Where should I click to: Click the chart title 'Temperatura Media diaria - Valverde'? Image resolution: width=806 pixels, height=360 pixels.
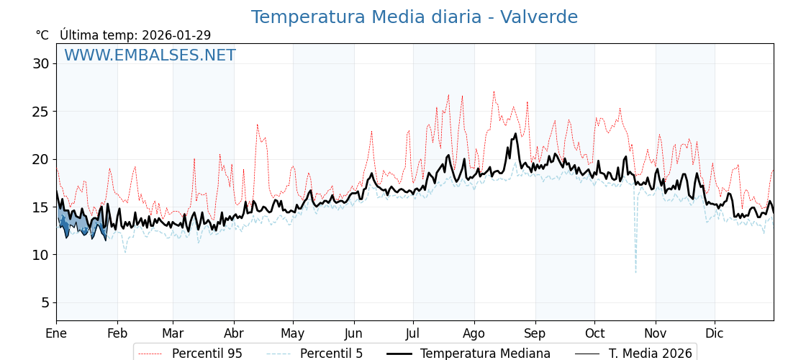click(x=414, y=17)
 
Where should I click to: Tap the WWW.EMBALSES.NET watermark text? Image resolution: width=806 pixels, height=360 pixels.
click(x=150, y=55)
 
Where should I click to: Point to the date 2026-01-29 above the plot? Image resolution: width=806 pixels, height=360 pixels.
click(x=176, y=35)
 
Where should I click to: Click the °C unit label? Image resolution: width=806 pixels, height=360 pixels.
click(x=42, y=35)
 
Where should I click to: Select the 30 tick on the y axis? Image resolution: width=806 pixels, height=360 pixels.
click(x=40, y=63)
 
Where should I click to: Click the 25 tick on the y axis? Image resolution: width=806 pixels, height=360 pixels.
click(x=40, y=112)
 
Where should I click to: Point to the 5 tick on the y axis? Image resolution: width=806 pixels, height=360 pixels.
click(x=45, y=302)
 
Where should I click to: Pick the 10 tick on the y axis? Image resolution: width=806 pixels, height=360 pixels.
click(x=40, y=255)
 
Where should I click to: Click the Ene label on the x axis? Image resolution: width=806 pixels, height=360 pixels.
click(x=56, y=333)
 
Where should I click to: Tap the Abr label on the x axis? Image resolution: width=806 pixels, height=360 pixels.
click(x=234, y=333)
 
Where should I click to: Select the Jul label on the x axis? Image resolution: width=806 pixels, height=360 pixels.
click(x=413, y=333)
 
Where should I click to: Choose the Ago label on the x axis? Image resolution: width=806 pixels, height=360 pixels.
click(x=474, y=333)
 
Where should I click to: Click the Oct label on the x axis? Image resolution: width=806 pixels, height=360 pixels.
click(x=594, y=333)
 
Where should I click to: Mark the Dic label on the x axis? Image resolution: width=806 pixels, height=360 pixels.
click(x=715, y=333)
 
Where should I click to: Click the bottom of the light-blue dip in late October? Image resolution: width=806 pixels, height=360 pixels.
click(x=635, y=272)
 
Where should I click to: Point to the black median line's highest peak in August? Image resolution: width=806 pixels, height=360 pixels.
click(x=515, y=133)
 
